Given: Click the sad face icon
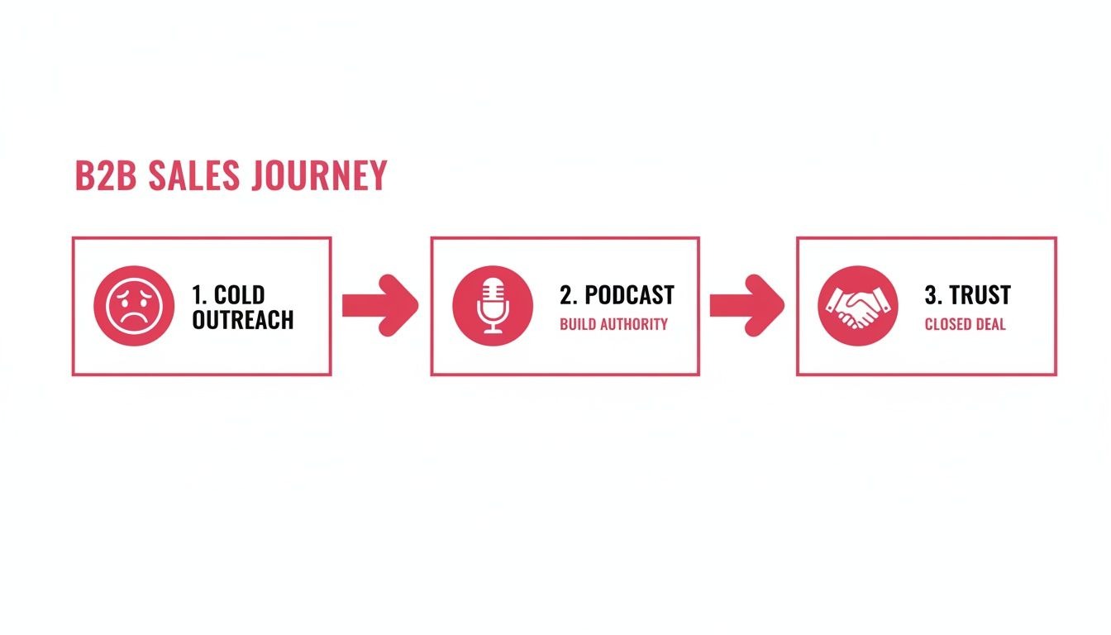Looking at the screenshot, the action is [x=134, y=305].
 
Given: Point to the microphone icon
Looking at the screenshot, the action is [x=493, y=305].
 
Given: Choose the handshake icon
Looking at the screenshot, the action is [x=857, y=305].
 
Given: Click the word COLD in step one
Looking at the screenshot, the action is [x=240, y=295].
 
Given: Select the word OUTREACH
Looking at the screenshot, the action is [x=243, y=320].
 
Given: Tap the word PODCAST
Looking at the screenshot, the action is [x=629, y=295].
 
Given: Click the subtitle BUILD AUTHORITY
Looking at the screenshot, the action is [x=613, y=324].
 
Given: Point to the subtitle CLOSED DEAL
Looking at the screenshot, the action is [x=965, y=324].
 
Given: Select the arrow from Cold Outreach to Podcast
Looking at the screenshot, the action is [x=379, y=305].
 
